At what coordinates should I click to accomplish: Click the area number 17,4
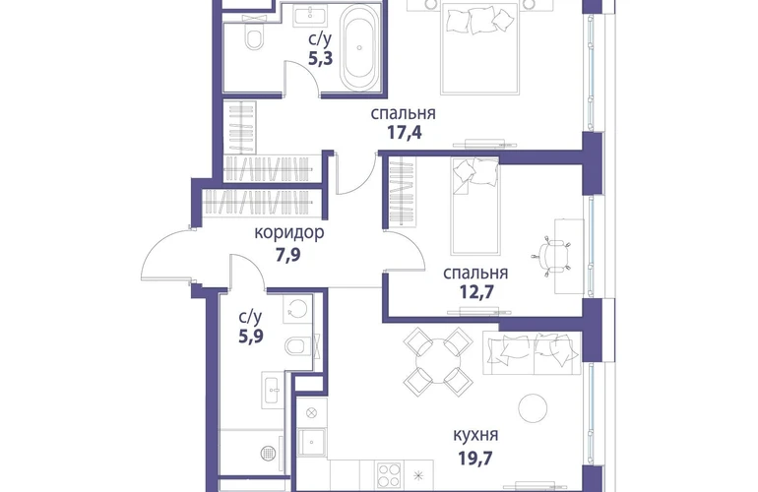tap(405, 132)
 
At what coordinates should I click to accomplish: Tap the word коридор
tap(289, 233)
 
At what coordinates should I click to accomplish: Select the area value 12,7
tap(476, 292)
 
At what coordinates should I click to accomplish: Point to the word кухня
tap(475, 435)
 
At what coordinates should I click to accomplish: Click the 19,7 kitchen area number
tap(475, 457)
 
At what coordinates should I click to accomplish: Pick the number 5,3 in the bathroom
tap(321, 58)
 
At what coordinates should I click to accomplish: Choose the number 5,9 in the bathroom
tap(251, 336)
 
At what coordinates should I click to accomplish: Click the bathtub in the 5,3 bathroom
tap(359, 48)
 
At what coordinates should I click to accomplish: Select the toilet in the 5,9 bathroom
tap(297, 346)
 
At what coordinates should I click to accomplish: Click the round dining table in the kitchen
tap(438, 361)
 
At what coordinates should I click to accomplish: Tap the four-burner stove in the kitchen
tap(389, 475)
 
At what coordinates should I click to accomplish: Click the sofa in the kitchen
tap(532, 353)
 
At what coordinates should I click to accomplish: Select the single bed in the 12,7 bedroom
tap(474, 206)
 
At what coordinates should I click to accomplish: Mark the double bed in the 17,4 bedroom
tap(479, 48)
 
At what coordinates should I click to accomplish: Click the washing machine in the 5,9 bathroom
tap(297, 308)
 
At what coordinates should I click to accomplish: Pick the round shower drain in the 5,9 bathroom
tap(268, 453)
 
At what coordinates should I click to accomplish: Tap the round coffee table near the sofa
tap(533, 408)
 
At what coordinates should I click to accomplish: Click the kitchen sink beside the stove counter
tap(311, 442)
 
